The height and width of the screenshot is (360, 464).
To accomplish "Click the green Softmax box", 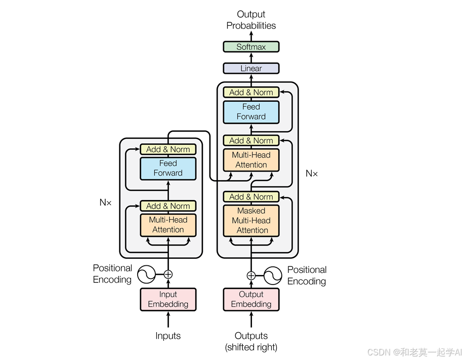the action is pos(251,47).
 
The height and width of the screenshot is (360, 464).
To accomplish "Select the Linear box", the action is pos(251,68).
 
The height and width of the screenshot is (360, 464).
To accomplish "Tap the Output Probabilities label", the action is pos(251,20).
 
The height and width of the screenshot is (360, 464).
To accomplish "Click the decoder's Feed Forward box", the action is pos(251,112).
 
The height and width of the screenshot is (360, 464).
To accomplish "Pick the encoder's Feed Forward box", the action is pos(168,169).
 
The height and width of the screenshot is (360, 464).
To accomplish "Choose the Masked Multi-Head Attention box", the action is pos(251,221).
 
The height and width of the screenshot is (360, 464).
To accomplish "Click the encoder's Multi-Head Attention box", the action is pos(168,225).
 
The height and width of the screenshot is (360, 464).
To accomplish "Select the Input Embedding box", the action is pos(168,299).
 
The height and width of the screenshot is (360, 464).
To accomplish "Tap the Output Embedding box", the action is pos(251,299).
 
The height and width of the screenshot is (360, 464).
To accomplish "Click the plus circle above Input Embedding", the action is pos(168,274).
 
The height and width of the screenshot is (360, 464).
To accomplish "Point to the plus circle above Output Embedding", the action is pos(251,275).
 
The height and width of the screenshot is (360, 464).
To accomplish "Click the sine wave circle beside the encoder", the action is pos(146,274).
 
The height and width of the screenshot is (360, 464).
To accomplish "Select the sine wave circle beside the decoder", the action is pos(273,275).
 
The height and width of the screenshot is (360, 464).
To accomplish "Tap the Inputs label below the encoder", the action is pos(168,336).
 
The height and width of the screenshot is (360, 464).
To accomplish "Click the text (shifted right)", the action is pos(251,347).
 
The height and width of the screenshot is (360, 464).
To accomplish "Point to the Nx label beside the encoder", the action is pos(105,203).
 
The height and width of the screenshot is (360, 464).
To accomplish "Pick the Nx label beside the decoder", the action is pos(312,173).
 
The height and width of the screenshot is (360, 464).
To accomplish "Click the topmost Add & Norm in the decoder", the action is pos(251,92).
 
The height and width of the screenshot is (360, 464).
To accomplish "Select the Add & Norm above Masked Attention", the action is pos(251,197).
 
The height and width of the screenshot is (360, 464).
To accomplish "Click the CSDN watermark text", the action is pos(414,352).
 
